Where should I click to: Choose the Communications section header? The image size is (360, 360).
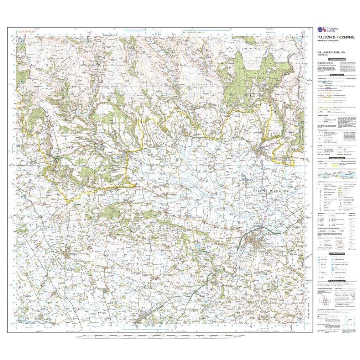click(x=337, y=75)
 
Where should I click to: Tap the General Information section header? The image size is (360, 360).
click(x=337, y=158)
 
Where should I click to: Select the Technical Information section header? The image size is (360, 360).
click(x=337, y=281)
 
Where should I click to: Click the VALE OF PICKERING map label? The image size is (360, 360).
click(x=274, y=191)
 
